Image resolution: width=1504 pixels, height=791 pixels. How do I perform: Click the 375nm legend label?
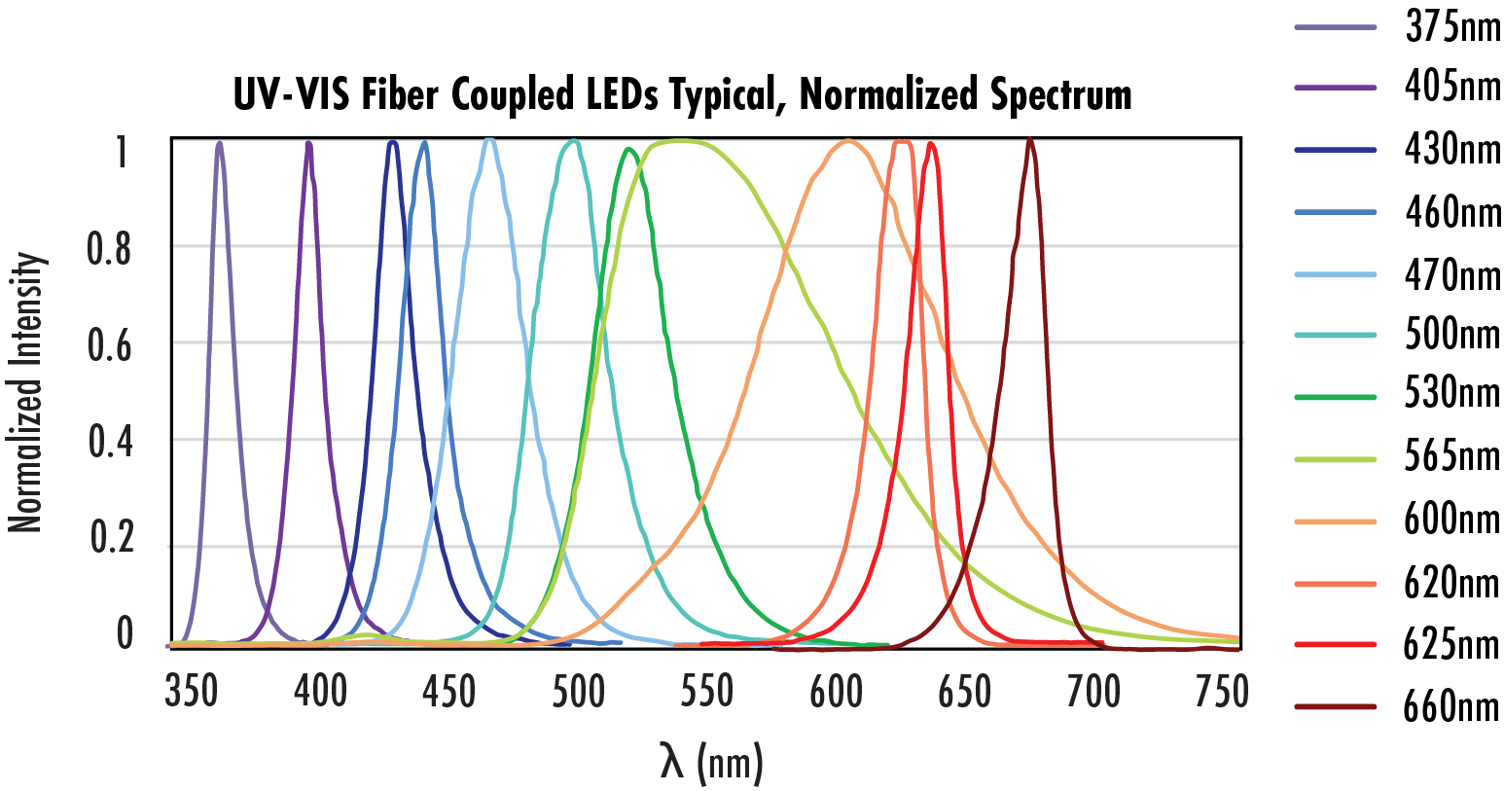[1452, 27]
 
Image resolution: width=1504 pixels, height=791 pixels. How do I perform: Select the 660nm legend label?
[1452, 706]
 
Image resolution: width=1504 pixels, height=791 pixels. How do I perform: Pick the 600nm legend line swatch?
[1336, 521]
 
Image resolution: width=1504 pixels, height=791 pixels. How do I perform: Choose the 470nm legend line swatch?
[1336, 274]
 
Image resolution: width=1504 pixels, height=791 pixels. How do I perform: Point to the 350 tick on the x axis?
[192, 692]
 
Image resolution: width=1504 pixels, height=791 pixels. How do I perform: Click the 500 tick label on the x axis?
[578, 692]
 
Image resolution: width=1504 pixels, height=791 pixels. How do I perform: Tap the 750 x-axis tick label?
[1221, 692]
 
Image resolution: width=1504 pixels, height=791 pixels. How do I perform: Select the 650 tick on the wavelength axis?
[964, 692]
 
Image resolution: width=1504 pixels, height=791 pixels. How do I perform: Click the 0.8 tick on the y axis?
[108, 249]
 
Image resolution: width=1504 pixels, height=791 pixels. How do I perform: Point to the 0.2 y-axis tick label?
[110, 537]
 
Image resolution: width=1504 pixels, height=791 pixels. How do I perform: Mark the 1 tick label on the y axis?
[122, 152]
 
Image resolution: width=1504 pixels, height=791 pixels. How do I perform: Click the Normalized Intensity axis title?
[26, 392]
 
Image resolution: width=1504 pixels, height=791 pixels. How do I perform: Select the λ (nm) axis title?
[711, 763]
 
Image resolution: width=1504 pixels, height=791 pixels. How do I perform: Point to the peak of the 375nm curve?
[219, 143]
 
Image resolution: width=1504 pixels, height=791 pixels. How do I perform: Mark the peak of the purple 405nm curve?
[308, 143]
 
